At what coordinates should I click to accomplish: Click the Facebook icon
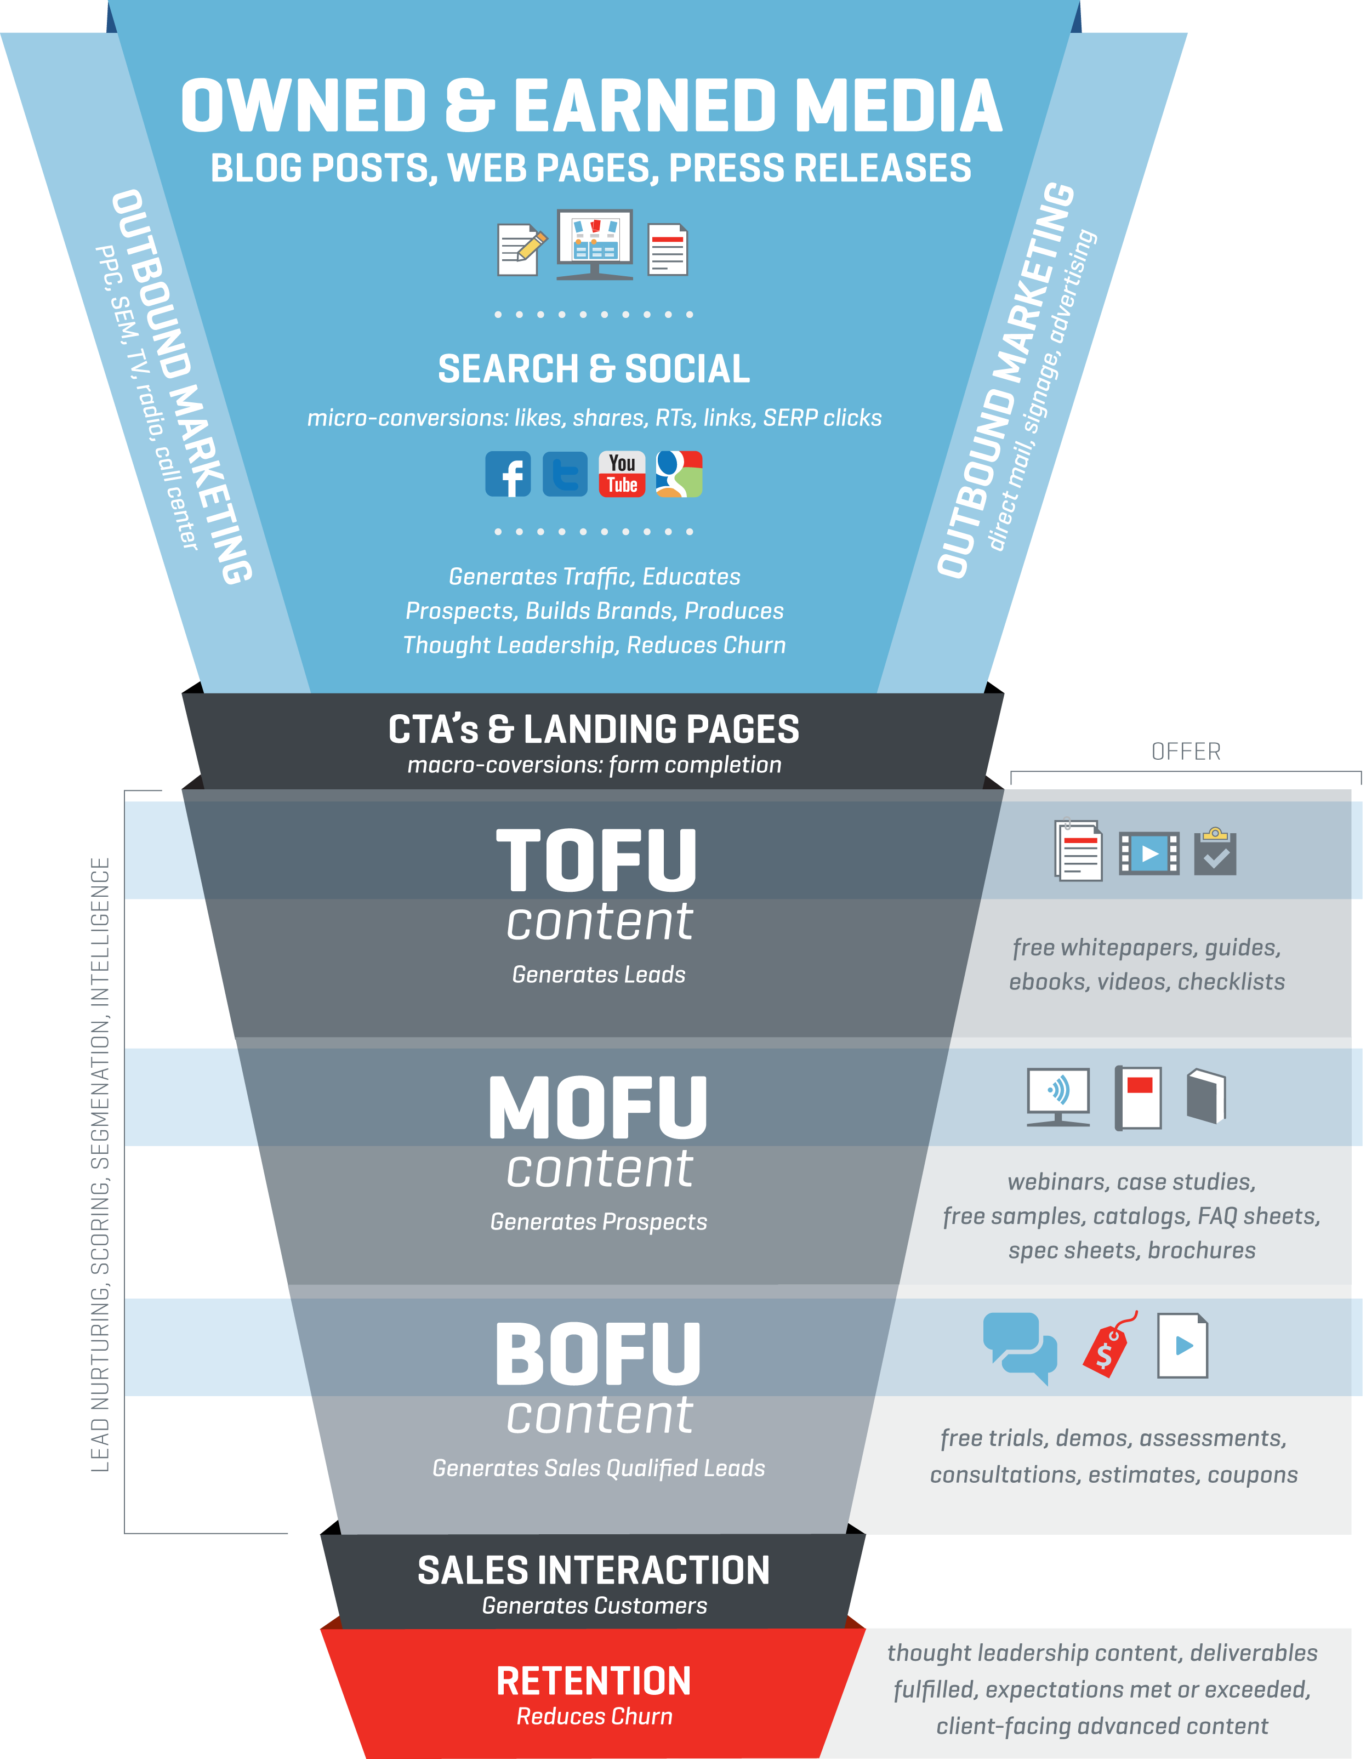point(508,474)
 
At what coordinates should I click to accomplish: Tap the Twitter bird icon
point(565,474)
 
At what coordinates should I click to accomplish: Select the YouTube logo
point(622,474)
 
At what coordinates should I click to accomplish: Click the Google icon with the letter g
point(679,474)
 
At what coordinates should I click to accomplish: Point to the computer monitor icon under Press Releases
point(594,244)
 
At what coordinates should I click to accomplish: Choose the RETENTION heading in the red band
point(594,1682)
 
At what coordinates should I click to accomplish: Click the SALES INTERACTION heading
point(594,1570)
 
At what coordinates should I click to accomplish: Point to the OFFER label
point(1186,752)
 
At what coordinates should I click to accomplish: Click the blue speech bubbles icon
point(1020,1347)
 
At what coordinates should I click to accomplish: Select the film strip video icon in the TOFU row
point(1148,853)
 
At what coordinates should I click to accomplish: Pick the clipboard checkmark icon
point(1215,851)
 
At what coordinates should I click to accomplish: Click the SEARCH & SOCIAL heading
point(594,369)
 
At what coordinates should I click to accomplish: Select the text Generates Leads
point(599,975)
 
